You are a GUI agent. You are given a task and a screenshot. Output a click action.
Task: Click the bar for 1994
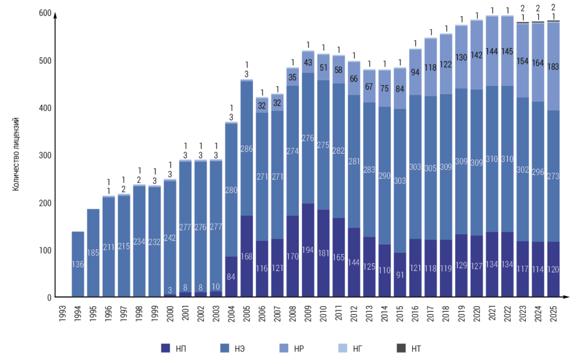click(x=78, y=264)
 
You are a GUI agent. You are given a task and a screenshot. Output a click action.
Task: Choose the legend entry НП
click(x=175, y=348)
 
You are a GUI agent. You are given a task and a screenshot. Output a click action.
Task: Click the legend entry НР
click(x=292, y=348)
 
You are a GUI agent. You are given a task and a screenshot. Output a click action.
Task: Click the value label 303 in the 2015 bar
click(x=400, y=181)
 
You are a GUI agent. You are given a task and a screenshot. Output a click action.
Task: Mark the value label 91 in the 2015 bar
click(x=400, y=275)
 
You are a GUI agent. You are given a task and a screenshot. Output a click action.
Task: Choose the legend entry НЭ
click(x=233, y=348)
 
